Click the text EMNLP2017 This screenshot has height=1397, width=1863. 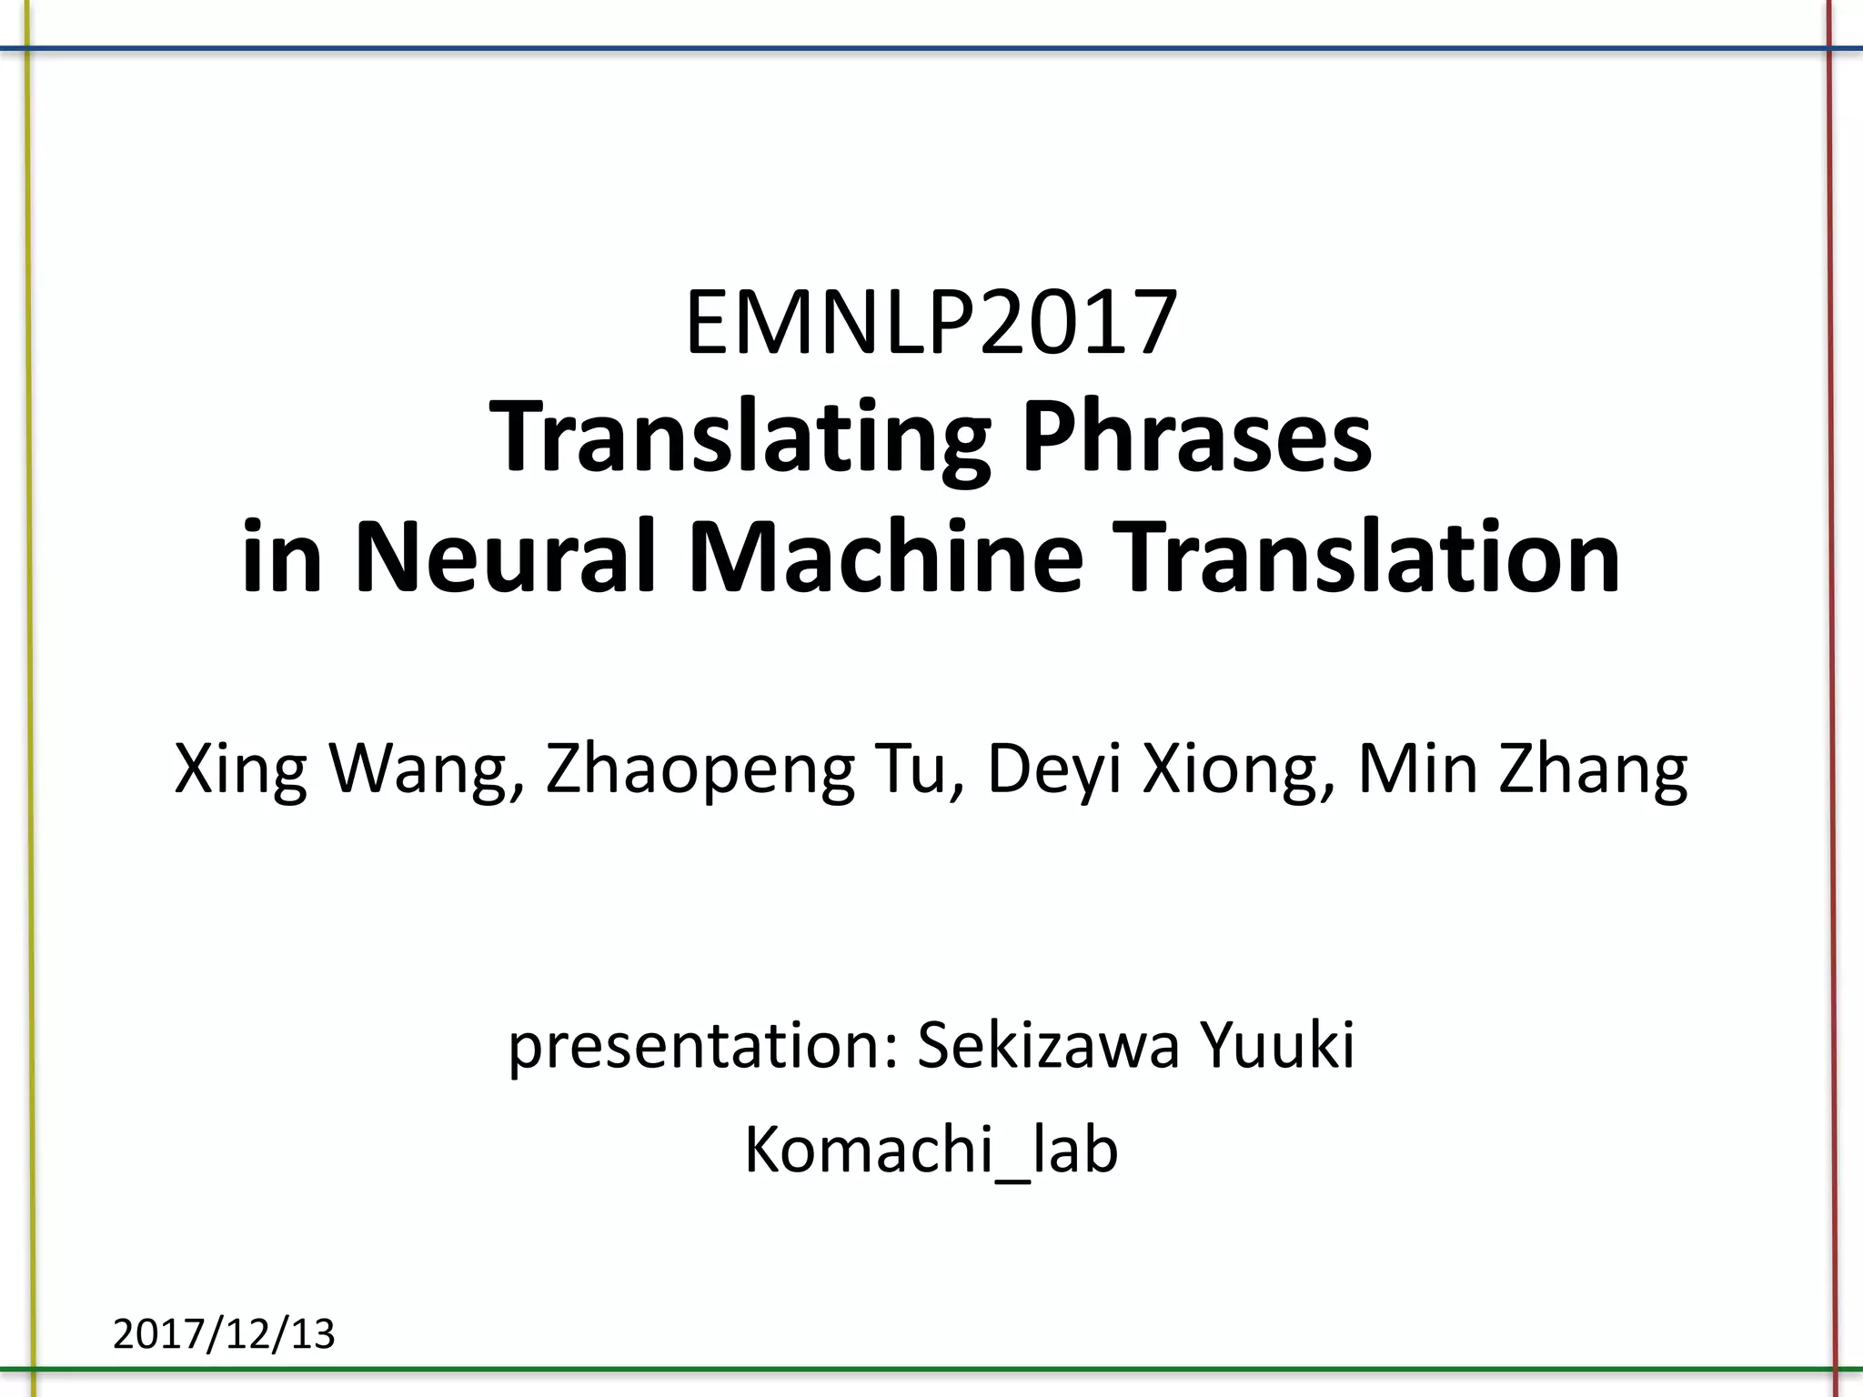pos(931,323)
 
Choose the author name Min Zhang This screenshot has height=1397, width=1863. pos(1523,769)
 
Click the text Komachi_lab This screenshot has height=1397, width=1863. pos(931,1151)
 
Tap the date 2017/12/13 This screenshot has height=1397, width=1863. pos(224,1334)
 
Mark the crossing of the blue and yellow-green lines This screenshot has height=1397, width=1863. pos(28,47)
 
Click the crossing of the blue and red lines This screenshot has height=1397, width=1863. pos(1829,47)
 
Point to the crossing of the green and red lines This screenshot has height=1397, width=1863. pos(1835,1369)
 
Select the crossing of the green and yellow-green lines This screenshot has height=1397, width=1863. pos(33,1369)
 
